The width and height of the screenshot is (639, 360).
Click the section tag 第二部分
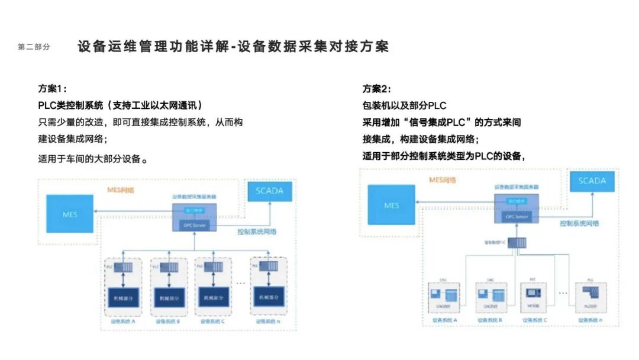(x=34, y=47)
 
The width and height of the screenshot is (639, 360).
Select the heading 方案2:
(x=377, y=89)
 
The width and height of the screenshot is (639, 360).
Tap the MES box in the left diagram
(x=70, y=213)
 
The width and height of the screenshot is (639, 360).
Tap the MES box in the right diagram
(x=391, y=205)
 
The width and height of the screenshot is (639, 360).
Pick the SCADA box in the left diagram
(x=269, y=191)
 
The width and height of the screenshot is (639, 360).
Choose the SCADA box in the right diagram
(x=592, y=181)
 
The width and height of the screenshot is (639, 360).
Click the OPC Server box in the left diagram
(x=194, y=223)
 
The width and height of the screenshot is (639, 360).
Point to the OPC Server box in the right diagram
(x=516, y=216)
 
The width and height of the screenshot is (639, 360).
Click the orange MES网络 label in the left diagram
(x=120, y=189)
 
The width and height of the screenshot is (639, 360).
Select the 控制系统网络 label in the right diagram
(x=579, y=223)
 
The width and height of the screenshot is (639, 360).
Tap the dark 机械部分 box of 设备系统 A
(x=122, y=297)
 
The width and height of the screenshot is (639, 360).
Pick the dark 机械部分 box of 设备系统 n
(x=269, y=297)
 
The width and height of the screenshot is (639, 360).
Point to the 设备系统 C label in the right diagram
(x=535, y=320)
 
